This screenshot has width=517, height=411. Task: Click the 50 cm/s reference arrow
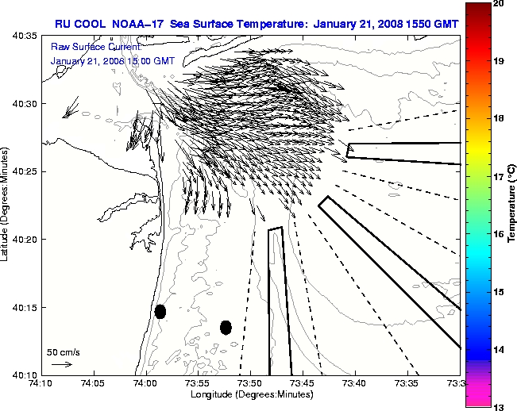point(61,364)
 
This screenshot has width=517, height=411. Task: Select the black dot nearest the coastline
point(160,311)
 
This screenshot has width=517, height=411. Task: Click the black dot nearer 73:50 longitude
point(226,327)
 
